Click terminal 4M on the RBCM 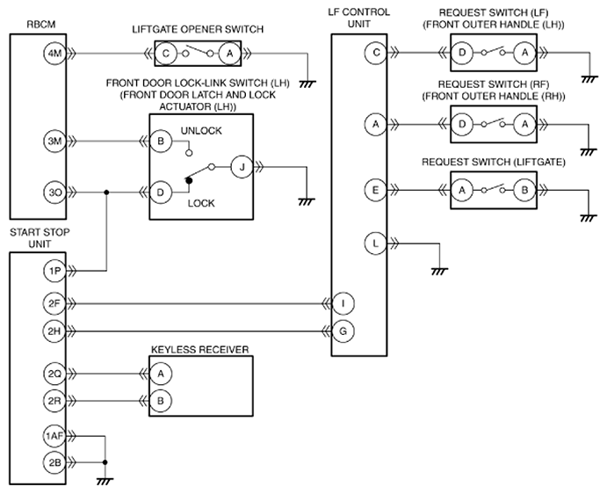point(54,53)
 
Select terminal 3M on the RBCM point(54,142)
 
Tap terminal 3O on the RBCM point(54,193)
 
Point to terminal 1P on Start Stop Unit point(54,271)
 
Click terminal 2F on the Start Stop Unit point(54,303)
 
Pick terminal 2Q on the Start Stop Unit point(54,374)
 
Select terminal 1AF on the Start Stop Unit point(54,436)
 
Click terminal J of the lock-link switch point(242,167)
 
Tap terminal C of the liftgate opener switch point(166,53)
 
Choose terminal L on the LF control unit point(375,243)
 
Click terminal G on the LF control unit point(343,331)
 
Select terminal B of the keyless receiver point(160,401)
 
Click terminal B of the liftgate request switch point(525,190)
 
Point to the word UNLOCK point(201,131)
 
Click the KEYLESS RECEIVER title point(199,350)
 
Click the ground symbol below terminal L point(439,272)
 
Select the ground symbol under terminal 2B point(105,482)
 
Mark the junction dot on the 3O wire point(106,193)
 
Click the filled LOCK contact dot point(189,180)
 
